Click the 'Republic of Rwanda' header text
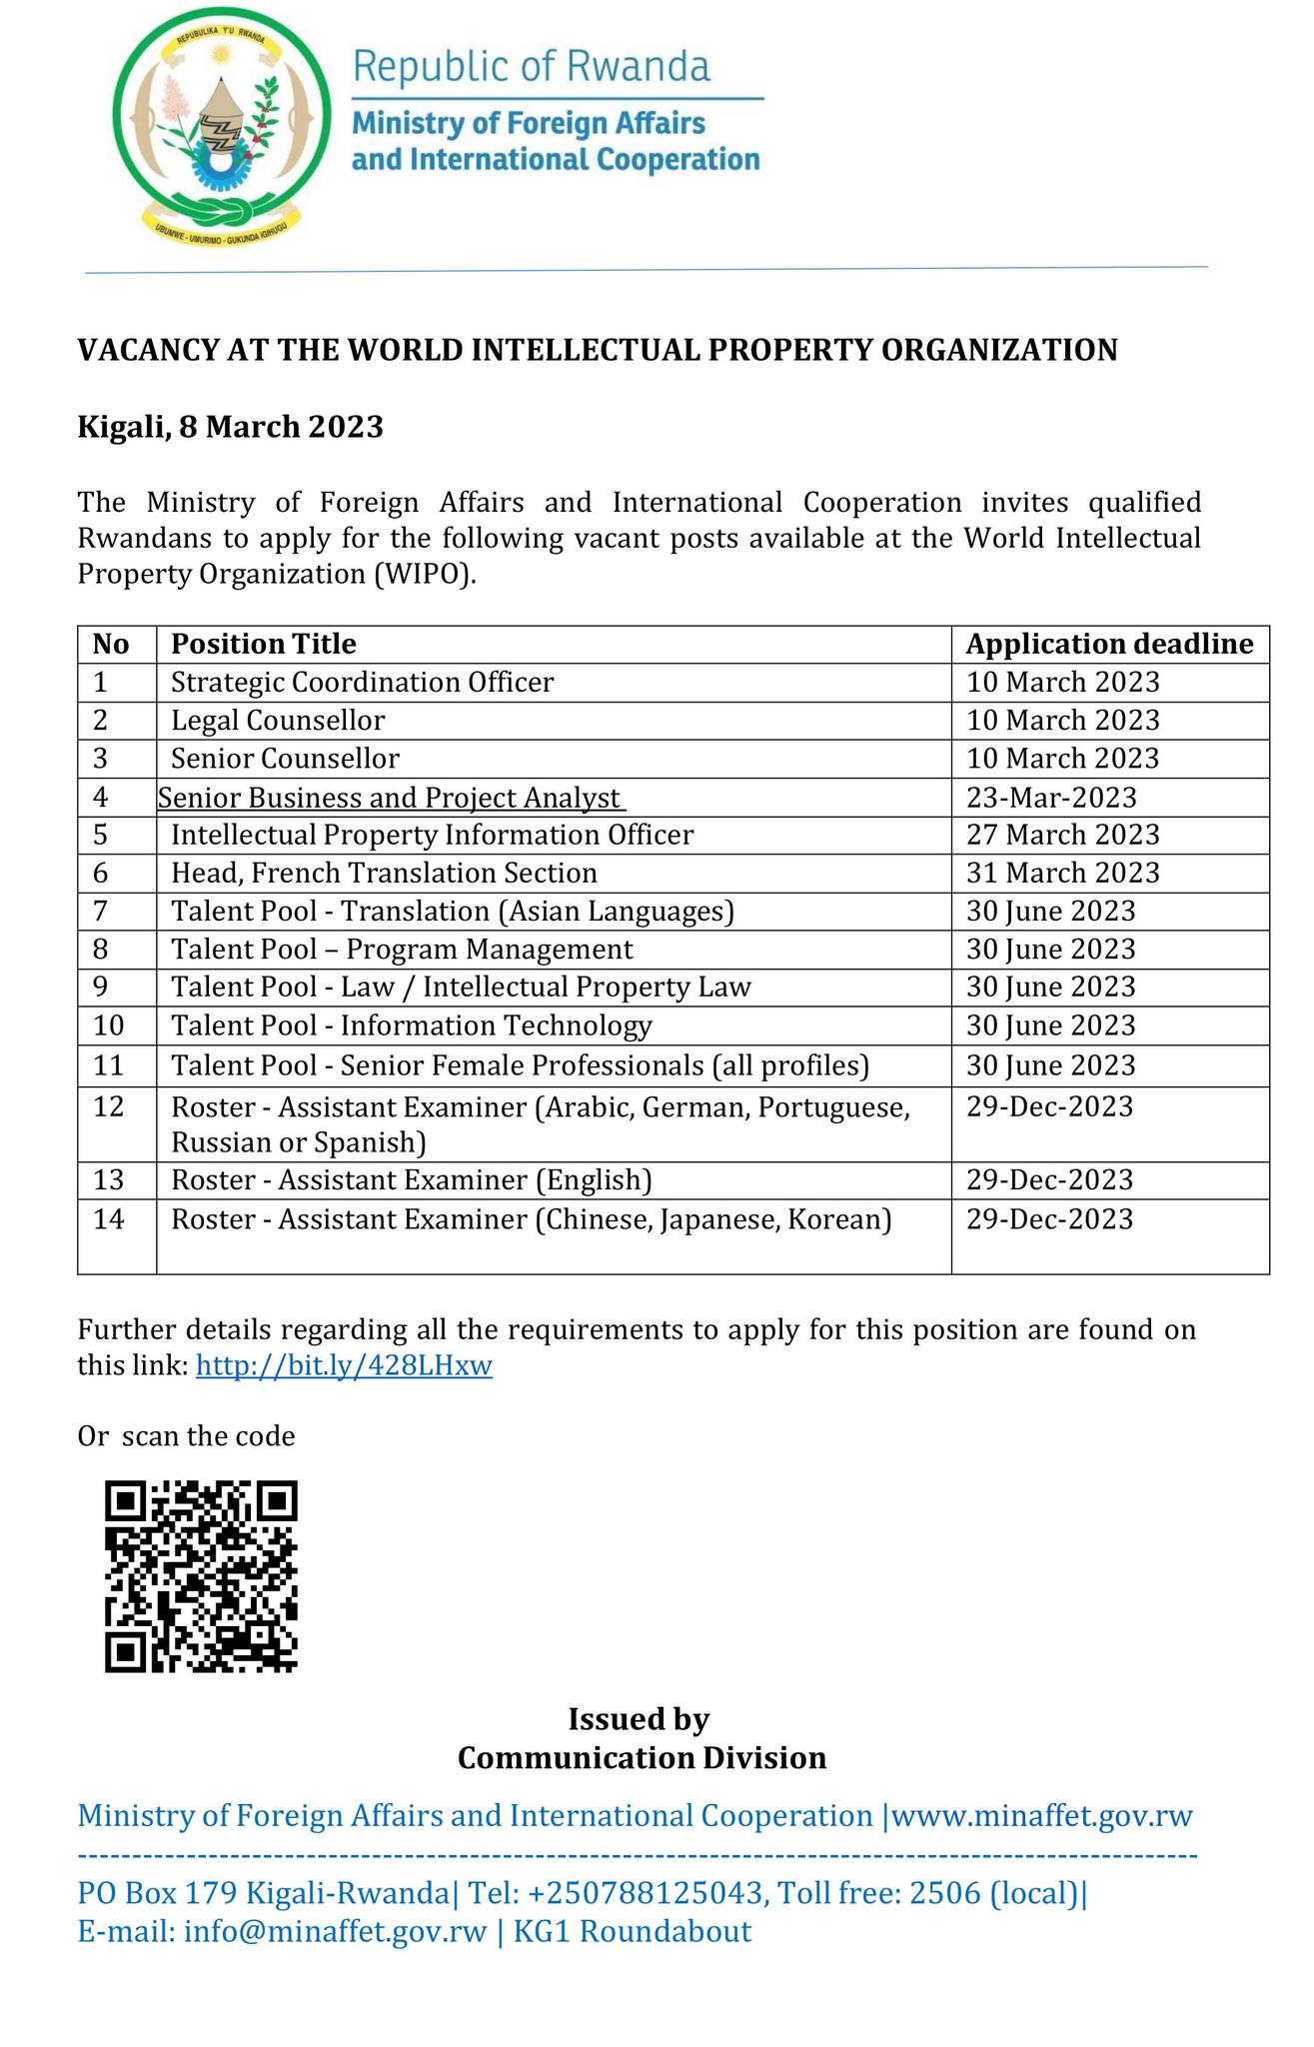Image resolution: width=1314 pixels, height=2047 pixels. pos(532,67)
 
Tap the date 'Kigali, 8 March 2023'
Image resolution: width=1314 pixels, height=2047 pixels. pos(231,427)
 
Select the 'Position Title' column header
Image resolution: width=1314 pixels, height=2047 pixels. pos(264,644)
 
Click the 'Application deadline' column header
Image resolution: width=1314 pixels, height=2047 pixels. pos(1109,644)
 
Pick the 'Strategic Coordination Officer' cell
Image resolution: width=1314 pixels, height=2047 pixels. pos(362,682)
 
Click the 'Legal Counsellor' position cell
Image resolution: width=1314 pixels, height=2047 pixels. pos(278,720)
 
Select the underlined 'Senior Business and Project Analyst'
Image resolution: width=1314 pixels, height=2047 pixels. pos(391,798)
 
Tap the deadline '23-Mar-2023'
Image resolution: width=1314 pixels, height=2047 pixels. pos(1051,798)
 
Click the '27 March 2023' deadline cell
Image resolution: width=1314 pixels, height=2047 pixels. pos(1063,835)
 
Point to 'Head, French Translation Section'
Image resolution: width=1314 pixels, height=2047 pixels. pos(384,873)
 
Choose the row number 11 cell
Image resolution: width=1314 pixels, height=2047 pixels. pos(109,1065)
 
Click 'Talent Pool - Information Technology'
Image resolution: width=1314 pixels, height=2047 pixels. pos(412,1025)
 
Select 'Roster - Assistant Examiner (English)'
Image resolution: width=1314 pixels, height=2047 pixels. pos(412,1180)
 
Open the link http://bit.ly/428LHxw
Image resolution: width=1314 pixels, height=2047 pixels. pos(344,1365)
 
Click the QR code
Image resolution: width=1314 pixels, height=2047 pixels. pos(201,1576)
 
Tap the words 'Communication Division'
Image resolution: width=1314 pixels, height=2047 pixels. pos(642,1757)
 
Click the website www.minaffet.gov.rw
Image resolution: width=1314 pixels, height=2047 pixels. pos(1041,1816)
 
